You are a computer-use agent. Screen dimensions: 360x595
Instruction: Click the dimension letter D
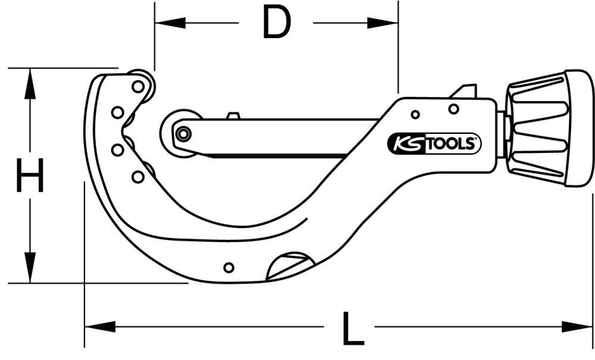click(276, 24)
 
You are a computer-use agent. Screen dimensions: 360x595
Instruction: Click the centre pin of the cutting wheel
click(183, 134)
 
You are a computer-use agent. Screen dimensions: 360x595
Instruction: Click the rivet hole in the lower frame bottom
click(228, 267)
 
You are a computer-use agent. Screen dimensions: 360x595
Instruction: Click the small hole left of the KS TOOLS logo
click(415, 114)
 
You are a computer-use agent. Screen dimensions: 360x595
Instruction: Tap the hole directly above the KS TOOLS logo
click(453, 108)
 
